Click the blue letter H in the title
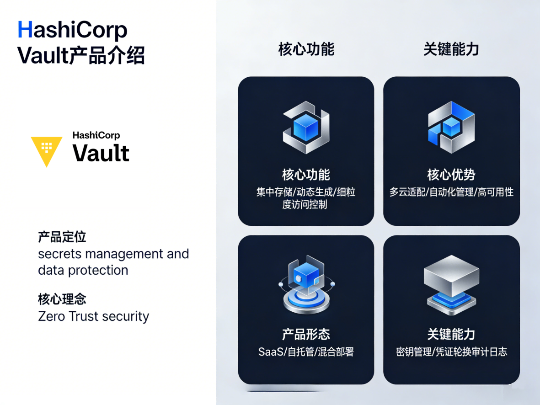25,30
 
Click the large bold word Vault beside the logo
101,153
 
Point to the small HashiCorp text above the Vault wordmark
96,135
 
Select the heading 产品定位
62,237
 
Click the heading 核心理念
62,299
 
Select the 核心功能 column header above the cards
306,49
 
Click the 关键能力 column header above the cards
451,49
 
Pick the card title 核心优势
451,175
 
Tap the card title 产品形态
306,334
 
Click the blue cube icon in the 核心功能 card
306,128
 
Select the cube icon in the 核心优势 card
451,128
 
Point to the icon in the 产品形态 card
306,284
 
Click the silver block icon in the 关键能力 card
451,285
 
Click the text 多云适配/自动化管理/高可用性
451,192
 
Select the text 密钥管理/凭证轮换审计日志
451,352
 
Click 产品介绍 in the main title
107,55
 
